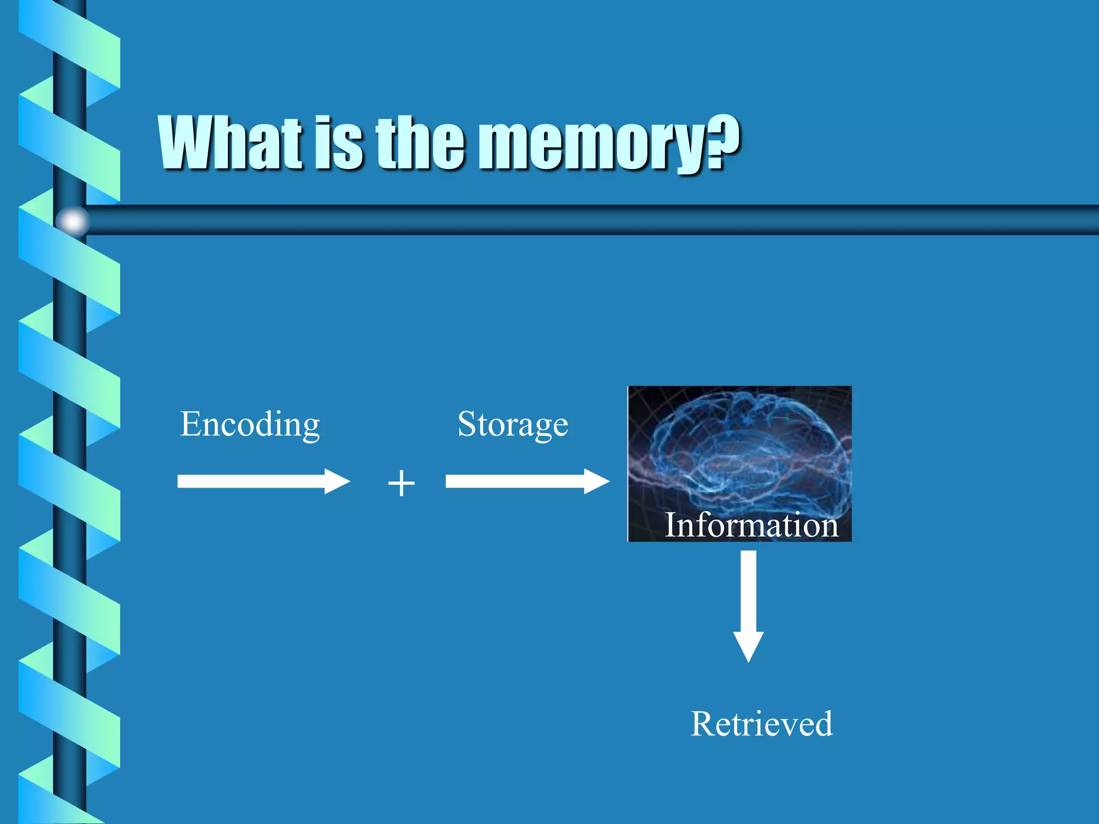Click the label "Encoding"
click(x=250, y=425)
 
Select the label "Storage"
click(x=512, y=425)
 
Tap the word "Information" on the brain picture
click(x=751, y=525)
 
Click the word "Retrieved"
click(x=761, y=724)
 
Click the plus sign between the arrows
click(x=401, y=483)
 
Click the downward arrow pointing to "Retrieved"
click(x=749, y=601)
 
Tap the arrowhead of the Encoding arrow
click(x=336, y=481)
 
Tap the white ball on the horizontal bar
click(x=72, y=220)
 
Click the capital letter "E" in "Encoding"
click(x=191, y=424)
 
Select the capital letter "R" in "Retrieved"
click(x=703, y=724)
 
